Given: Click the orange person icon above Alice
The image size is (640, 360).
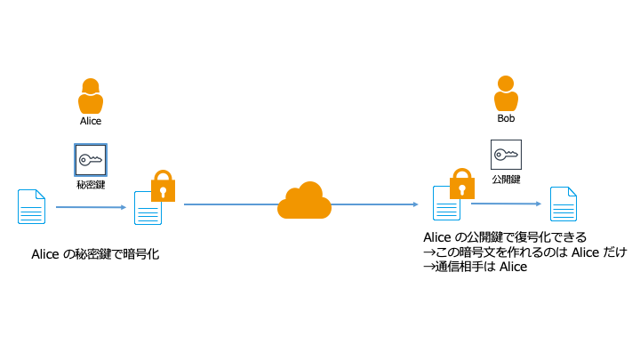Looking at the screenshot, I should [x=91, y=95].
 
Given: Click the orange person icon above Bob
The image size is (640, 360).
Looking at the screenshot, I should [x=506, y=92].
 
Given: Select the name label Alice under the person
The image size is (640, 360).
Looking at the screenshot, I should [x=91, y=121].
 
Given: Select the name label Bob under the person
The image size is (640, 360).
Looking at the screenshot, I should [x=506, y=118].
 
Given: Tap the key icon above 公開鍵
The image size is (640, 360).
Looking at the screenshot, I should [x=506, y=155].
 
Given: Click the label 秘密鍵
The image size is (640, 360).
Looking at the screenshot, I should [x=91, y=185].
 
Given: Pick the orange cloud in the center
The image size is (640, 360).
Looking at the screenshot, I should [x=304, y=201].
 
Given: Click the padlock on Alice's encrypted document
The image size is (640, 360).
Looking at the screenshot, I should [x=163, y=186].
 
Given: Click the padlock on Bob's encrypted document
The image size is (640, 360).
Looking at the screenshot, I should [x=460, y=184].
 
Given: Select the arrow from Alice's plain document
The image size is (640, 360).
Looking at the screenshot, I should [x=91, y=207].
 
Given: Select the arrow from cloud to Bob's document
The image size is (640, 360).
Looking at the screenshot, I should [x=373, y=204].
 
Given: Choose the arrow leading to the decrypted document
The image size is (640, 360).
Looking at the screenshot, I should [x=507, y=204].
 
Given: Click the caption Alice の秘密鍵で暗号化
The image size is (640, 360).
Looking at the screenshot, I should [x=95, y=255].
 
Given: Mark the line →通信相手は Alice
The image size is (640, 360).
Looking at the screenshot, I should [x=475, y=267].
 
